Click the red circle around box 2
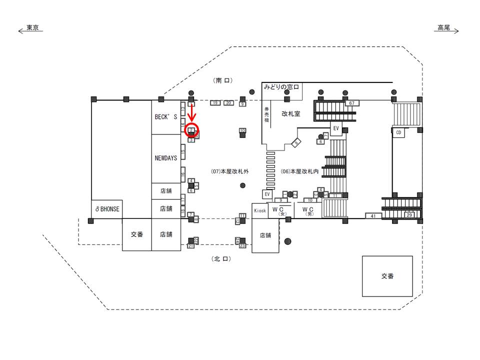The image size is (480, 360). point(191,130)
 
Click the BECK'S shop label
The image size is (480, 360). point(166,116)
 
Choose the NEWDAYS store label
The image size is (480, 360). point(166,158)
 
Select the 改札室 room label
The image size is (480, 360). point(290,113)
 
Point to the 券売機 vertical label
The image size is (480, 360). point(267,115)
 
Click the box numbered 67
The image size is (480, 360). point(352,103)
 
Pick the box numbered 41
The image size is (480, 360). point(373,216)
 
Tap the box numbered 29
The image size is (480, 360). point(409,215)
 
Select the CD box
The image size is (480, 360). point(398,132)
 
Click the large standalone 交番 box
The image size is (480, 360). point(387,276)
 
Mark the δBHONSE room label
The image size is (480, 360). point(107,209)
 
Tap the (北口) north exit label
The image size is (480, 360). point(222,259)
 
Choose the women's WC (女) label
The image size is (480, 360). point(281,210)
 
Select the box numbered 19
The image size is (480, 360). point(215,102)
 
